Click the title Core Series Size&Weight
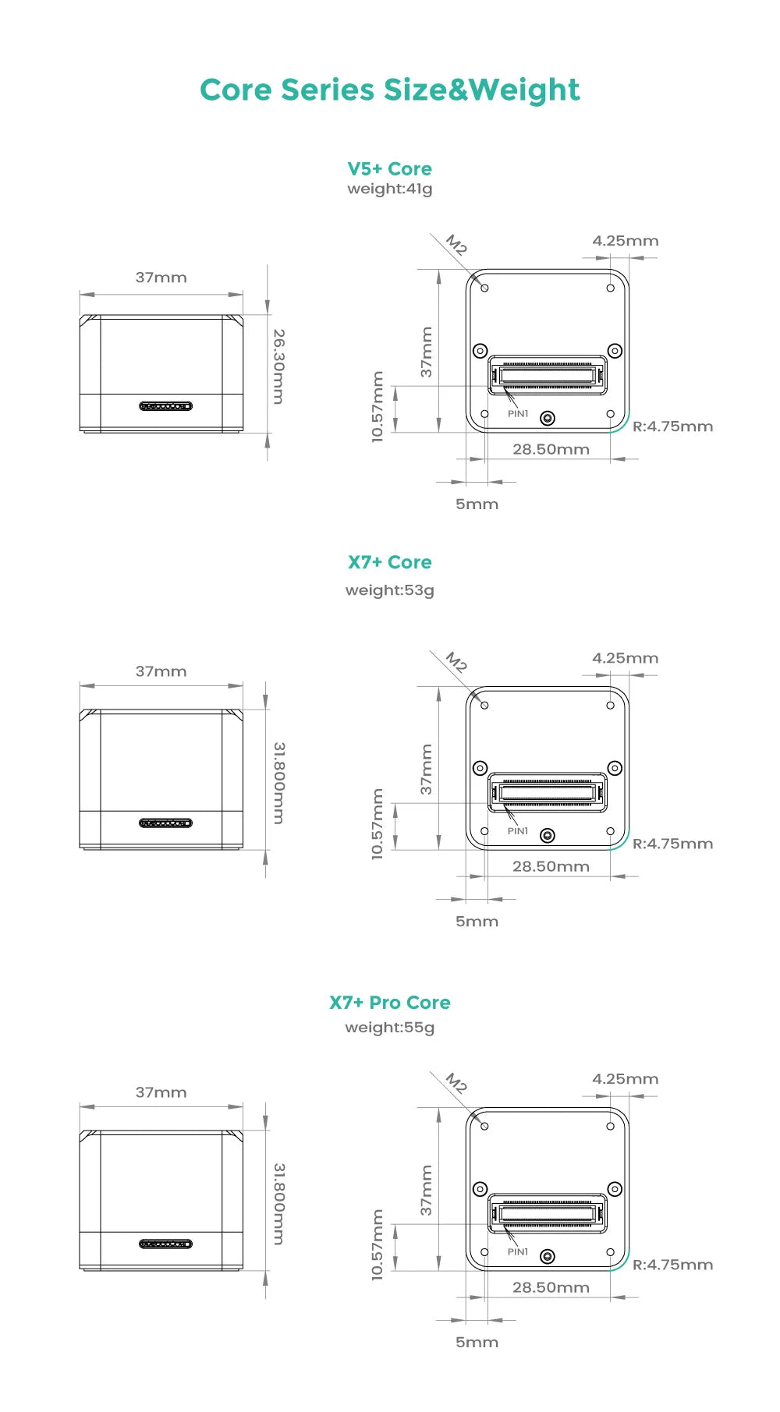pos(389,90)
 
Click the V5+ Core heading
pos(389,169)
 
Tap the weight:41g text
pos(389,189)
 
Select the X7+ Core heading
pos(389,562)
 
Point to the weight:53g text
pos(389,590)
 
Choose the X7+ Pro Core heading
pos(389,1003)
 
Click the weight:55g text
pos(389,1028)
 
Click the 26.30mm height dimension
pos(278,366)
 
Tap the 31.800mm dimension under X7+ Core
pos(278,783)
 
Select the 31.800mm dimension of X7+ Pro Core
pos(278,1204)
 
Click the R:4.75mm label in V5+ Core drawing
pos(672,426)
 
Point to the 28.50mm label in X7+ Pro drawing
pos(551,1287)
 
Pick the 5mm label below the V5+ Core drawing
pos(477,504)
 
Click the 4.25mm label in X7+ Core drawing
pos(625,658)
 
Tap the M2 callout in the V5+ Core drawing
pos(456,246)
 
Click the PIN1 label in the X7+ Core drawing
pos(518,831)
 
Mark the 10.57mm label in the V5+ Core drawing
pos(378,407)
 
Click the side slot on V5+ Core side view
pos(165,406)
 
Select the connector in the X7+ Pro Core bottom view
pos(548,1213)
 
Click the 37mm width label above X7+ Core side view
pos(161,671)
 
